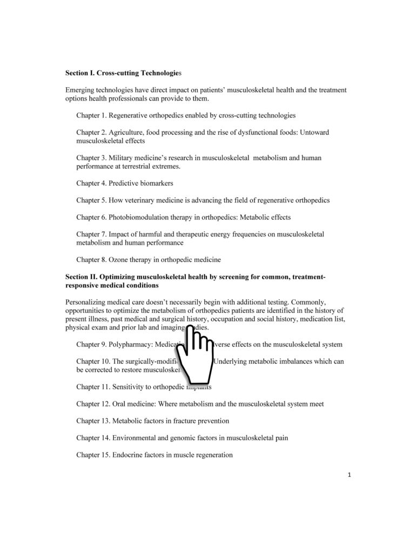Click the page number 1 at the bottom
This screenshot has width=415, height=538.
[350, 476]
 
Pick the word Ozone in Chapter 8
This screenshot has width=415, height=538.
[118, 260]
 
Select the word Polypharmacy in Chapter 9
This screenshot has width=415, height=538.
[130, 344]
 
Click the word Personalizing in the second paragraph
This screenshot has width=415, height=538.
[87, 301]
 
